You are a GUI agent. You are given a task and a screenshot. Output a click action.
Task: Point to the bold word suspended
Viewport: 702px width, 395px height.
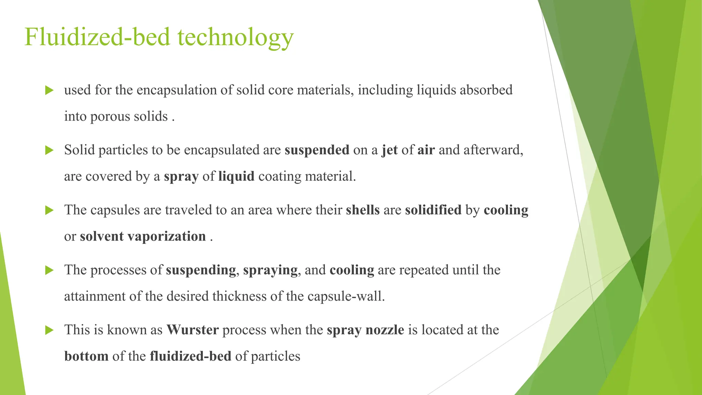pyautogui.click(x=317, y=150)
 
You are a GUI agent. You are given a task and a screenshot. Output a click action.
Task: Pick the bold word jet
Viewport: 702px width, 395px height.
pyautogui.click(x=390, y=150)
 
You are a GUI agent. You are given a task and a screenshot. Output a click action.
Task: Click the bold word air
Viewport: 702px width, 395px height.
pyautogui.click(x=426, y=150)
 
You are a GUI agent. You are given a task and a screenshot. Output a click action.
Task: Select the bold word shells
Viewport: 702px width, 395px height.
pyautogui.click(x=363, y=210)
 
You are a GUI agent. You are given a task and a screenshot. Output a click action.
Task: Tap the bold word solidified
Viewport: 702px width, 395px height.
pyautogui.click(x=433, y=210)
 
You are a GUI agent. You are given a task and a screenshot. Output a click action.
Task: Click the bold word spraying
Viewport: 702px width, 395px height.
pyautogui.click(x=270, y=270)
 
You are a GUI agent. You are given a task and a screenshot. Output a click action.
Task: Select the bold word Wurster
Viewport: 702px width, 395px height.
pyautogui.click(x=193, y=330)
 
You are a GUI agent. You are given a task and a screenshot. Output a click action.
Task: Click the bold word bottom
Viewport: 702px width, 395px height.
pyautogui.click(x=86, y=356)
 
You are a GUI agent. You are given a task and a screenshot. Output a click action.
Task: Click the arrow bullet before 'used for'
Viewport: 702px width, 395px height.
pyautogui.click(x=49, y=91)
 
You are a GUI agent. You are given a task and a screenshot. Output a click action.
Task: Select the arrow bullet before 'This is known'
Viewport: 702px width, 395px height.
pyautogui.click(x=49, y=330)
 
